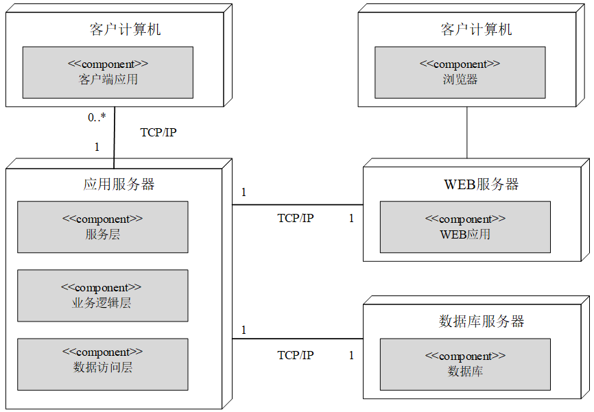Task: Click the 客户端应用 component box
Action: click(x=108, y=72)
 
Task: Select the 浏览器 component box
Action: click(x=460, y=72)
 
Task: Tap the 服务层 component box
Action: click(x=102, y=227)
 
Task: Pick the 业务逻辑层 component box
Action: click(x=102, y=295)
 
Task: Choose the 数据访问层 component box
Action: click(x=102, y=364)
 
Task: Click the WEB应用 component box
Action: click(x=465, y=227)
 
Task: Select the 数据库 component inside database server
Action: click(x=465, y=364)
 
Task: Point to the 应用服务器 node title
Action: click(x=119, y=184)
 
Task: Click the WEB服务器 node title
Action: click(x=482, y=184)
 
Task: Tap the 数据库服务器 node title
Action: click(x=482, y=321)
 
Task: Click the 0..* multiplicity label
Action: click(x=97, y=117)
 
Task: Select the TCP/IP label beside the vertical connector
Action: click(x=158, y=132)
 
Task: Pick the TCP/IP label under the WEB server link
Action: click(x=296, y=218)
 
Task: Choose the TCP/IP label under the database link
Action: click(x=296, y=355)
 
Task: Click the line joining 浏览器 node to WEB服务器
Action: click(x=467, y=132)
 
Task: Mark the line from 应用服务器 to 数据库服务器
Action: click(x=297, y=339)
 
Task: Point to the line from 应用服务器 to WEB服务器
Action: click(x=297, y=204)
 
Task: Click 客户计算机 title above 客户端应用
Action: click(x=126, y=29)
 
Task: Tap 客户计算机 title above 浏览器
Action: click(x=476, y=29)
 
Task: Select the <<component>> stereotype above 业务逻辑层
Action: click(x=102, y=287)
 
